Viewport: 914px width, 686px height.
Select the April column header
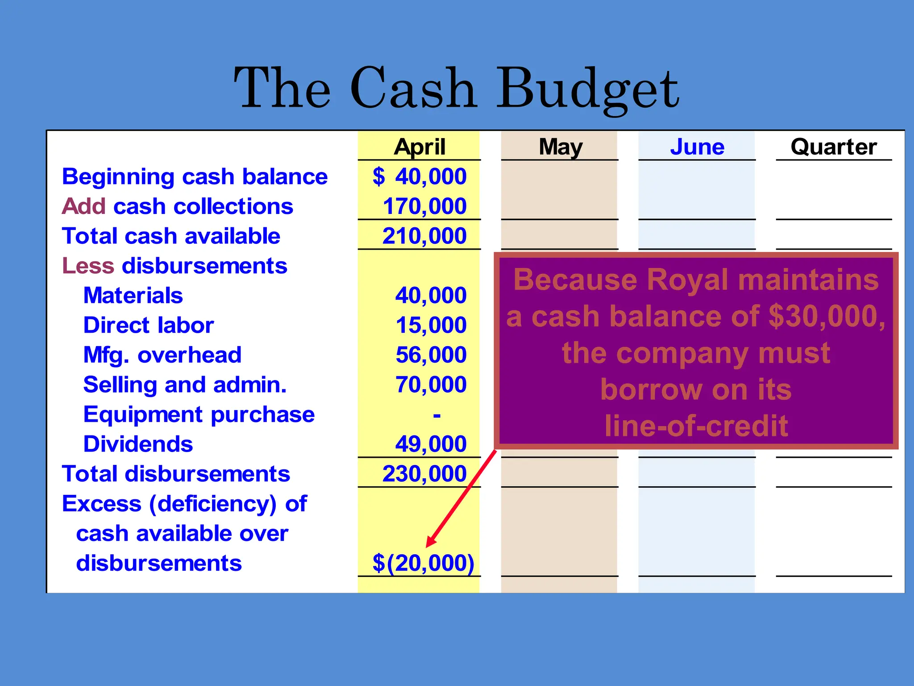coord(420,146)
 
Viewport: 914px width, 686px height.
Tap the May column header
coord(561,146)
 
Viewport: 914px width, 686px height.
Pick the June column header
coord(697,146)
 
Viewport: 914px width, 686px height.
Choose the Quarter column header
coord(834,146)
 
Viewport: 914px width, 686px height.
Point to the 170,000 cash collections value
coord(424,206)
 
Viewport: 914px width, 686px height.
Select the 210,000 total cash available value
coord(424,236)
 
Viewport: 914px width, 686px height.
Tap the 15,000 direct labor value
coord(431,325)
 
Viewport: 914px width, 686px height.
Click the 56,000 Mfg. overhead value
coord(431,355)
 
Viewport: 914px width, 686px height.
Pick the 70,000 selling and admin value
coord(431,385)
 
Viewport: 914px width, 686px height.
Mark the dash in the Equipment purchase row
coord(436,415)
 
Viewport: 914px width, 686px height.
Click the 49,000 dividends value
coord(431,444)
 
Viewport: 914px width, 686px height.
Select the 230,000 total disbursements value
coord(424,474)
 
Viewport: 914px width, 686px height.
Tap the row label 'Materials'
coord(133,296)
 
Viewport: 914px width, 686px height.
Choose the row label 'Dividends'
coord(138,444)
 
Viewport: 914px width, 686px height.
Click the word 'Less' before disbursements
coord(88,266)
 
